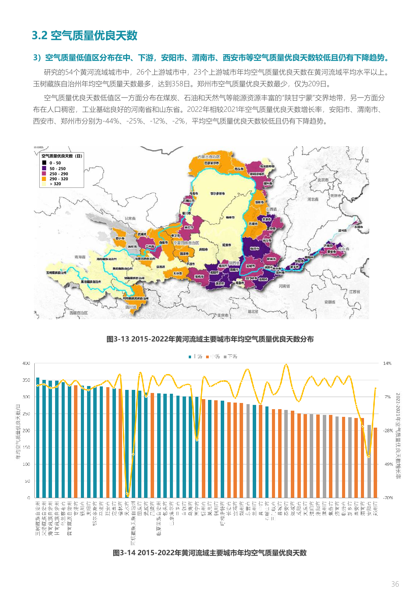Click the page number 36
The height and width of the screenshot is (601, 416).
[x=395, y=584]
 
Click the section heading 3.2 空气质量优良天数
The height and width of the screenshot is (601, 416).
[x=84, y=35]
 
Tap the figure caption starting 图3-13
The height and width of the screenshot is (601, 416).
[x=210, y=339]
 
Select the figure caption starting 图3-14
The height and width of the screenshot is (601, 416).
[x=210, y=553]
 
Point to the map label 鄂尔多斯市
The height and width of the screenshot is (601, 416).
[x=218, y=193]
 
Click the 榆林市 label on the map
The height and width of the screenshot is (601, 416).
[x=230, y=218]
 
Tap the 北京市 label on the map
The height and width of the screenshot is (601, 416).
[x=323, y=180]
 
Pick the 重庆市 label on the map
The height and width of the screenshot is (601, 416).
[x=223, y=315]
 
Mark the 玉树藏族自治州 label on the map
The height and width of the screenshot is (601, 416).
[x=56, y=272]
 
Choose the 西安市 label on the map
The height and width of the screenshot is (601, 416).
[x=220, y=284]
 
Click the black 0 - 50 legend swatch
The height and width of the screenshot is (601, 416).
[x=44, y=163]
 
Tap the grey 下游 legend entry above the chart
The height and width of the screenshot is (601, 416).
[x=230, y=357]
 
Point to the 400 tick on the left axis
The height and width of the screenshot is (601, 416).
[x=26, y=363]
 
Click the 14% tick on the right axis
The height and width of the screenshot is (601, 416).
[x=387, y=363]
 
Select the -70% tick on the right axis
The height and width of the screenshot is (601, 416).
[x=388, y=498]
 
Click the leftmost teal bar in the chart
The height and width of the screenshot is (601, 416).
[x=38, y=438]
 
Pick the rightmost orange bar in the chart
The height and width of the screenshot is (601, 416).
[x=375, y=463]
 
